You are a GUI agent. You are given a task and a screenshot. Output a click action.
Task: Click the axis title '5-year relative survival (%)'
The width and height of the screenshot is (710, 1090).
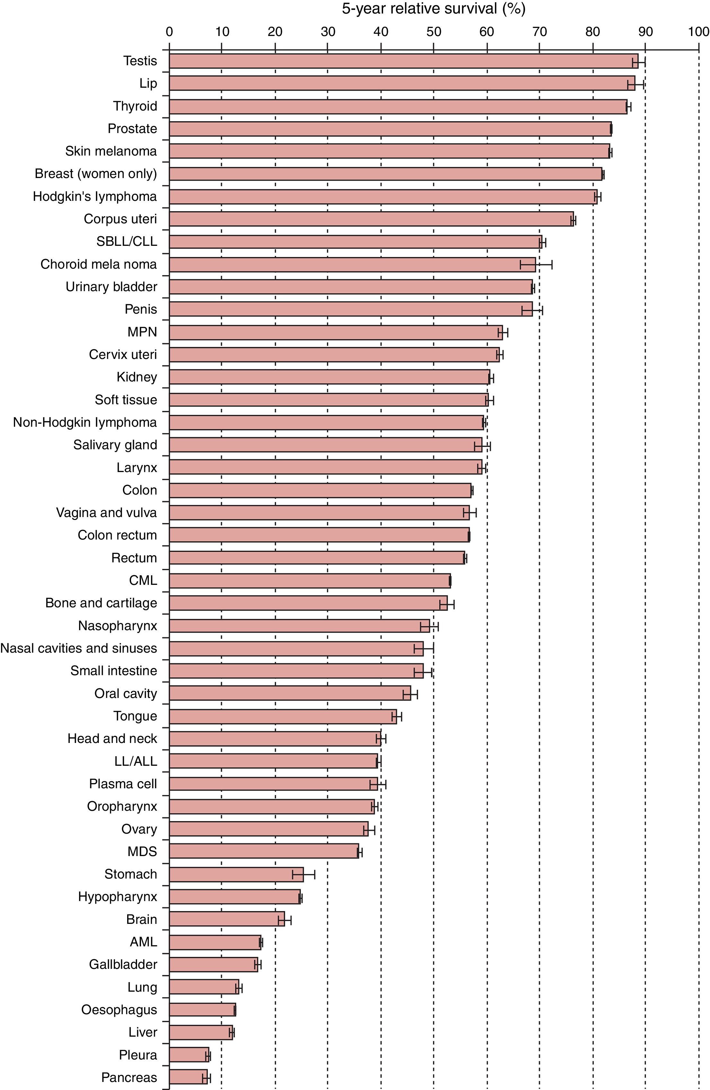click(x=433, y=9)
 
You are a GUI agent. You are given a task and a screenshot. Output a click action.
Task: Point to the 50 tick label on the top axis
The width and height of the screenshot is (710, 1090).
click(x=434, y=31)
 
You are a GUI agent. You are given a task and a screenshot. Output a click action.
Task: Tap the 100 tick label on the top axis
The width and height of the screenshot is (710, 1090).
click(x=698, y=31)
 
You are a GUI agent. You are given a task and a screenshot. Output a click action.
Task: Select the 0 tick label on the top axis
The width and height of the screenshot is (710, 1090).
click(x=169, y=31)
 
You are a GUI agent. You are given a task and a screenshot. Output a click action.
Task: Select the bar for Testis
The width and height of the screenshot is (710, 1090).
click(x=403, y=61)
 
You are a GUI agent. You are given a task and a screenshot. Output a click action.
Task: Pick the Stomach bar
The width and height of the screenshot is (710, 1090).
click(x=236, y=874)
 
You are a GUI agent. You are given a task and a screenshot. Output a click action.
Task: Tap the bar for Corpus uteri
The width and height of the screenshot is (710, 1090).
click(x=371, y=219)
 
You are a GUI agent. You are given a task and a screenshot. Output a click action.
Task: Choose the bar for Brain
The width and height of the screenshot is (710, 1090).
click(x=227, y=919)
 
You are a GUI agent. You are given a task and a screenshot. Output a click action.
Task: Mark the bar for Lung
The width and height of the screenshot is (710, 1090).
click(x=204, y=987)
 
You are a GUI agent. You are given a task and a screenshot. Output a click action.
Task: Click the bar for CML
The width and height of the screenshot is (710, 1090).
click(x=310, y=581)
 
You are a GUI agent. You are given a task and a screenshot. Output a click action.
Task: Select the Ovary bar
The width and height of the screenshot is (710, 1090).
click(x=268, y=829)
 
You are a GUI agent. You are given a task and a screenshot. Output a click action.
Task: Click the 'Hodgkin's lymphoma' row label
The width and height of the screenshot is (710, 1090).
click(x=95, y=196)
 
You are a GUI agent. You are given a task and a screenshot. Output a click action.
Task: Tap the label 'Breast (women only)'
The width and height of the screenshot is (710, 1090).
click(x=96, y=174)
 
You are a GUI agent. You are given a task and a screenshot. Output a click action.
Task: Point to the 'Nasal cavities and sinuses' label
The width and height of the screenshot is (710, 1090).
click(x=79, y=648)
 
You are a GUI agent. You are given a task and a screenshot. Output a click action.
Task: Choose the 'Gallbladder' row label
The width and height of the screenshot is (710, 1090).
click(x=123, y=964)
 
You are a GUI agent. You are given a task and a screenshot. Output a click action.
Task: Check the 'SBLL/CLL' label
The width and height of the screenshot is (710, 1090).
click(x=126, y=241)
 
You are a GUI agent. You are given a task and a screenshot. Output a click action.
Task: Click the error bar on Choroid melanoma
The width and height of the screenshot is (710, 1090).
click(x=536, y=264)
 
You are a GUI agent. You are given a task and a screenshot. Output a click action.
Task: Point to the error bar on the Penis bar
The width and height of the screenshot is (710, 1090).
click(x=532, y=310)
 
